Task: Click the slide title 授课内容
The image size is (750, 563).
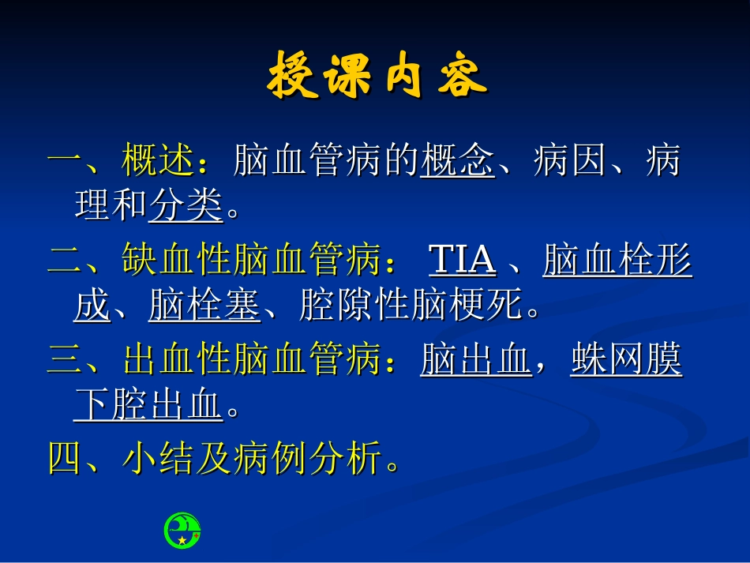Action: (377, 77)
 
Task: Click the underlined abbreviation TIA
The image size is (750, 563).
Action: (462, 261)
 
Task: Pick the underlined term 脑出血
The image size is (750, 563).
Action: (475, 362)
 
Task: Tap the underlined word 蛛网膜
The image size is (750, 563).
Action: (625, 362)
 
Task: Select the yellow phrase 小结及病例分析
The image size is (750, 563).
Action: (253, 458)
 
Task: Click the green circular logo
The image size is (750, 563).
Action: (182, 530)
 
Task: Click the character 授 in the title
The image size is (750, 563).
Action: (293, 77)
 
